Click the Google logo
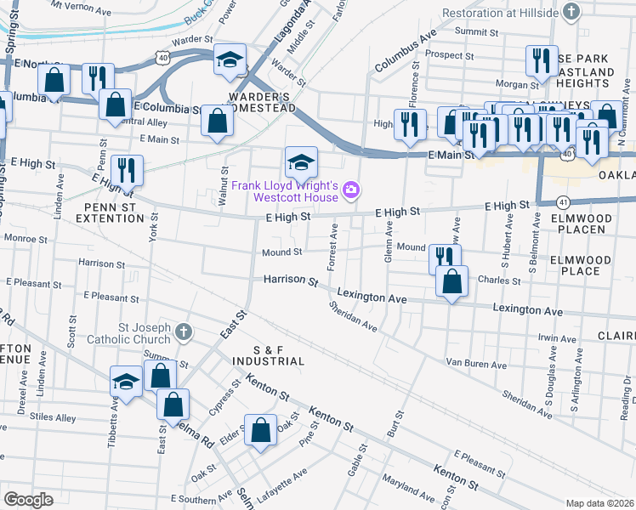pyautogui.click(x=29, y=500)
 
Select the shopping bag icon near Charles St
pyautogui.click(x=452, y=281)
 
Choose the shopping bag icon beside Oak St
pyautogui.click(x=260, y=430)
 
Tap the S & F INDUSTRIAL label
pyautogui.click(x=267, y=355)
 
